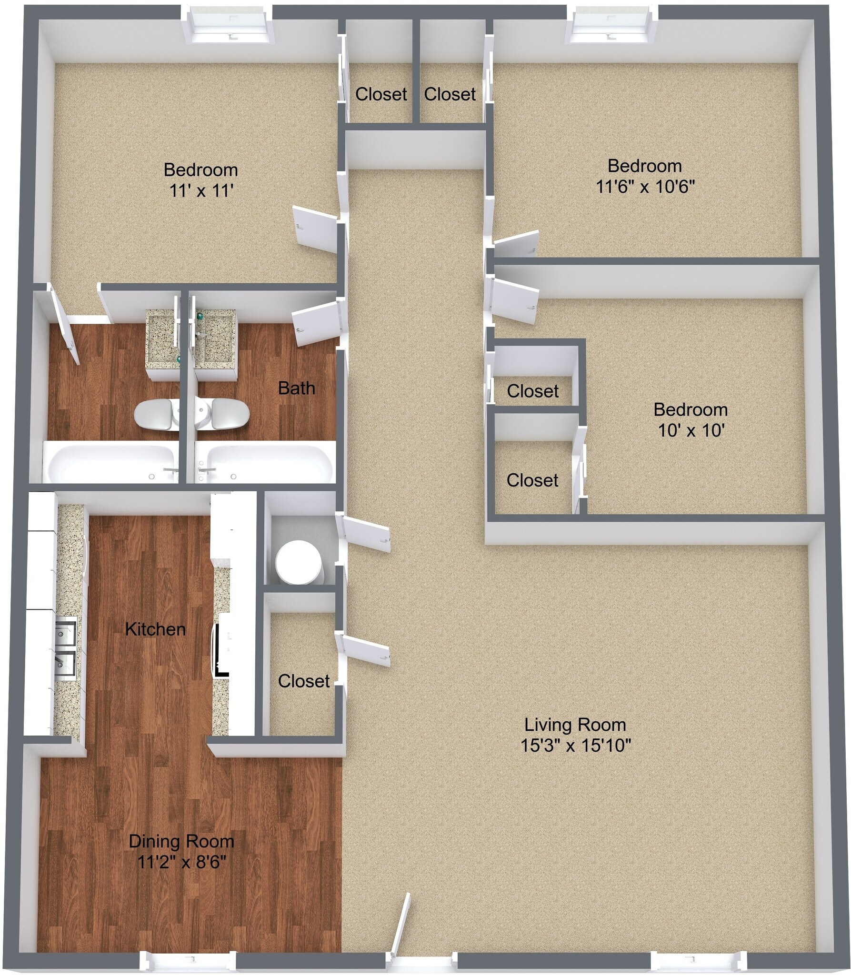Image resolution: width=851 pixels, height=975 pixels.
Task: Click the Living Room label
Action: [575, 725]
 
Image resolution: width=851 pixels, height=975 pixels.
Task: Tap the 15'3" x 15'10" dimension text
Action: [576, 745]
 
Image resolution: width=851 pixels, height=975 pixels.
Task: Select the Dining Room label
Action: [181, 841]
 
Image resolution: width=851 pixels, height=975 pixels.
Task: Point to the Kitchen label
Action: [155, 629]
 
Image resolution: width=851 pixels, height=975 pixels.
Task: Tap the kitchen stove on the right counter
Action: [222, 650]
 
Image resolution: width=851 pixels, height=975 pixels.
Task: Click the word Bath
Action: [296, 388]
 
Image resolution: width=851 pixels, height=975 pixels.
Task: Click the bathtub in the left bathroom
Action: [112, 463]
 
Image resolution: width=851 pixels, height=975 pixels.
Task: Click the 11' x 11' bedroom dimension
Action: [201, 191]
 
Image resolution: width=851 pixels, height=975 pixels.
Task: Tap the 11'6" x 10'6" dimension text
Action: [645, 187]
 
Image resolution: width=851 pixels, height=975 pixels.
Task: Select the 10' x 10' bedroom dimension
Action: [691, 430]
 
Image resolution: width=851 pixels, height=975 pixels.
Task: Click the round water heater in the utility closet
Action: [299, 562]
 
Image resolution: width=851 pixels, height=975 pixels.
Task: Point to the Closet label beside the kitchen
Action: [304, 681]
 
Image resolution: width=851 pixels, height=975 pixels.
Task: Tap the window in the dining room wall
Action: [188, 961]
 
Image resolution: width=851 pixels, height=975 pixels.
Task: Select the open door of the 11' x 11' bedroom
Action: [315, 226]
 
